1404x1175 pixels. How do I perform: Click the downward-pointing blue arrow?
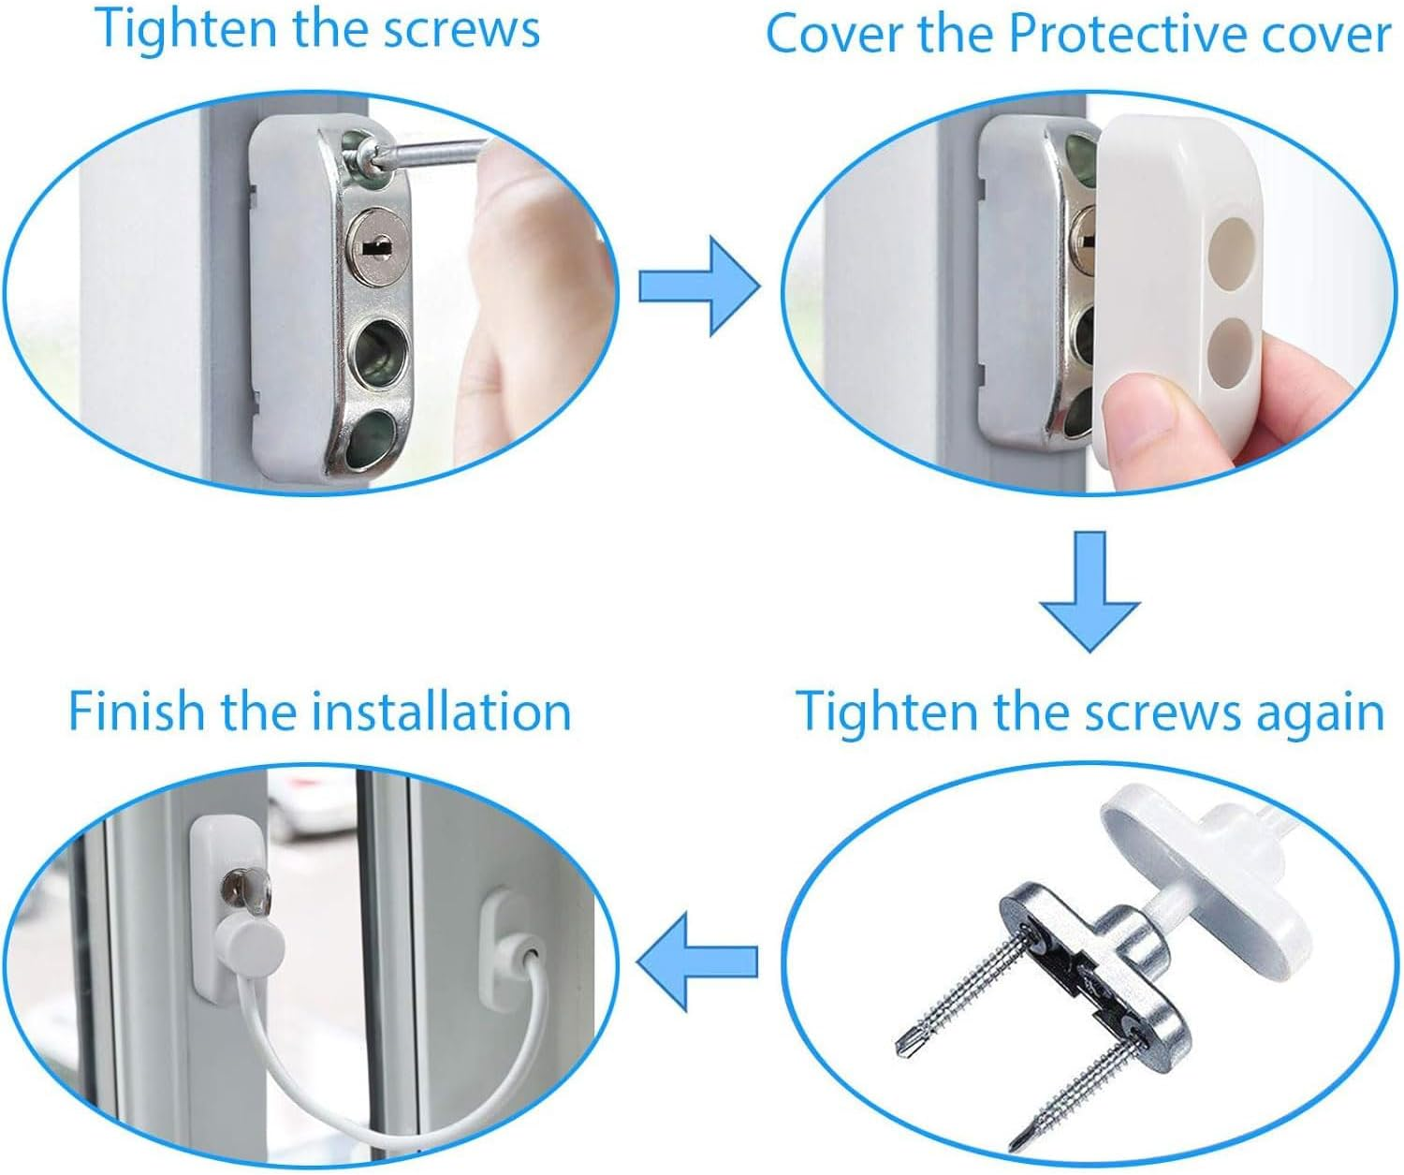1089,591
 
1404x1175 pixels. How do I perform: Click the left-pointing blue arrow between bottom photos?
697,961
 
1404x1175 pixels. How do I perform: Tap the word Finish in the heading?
136,712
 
